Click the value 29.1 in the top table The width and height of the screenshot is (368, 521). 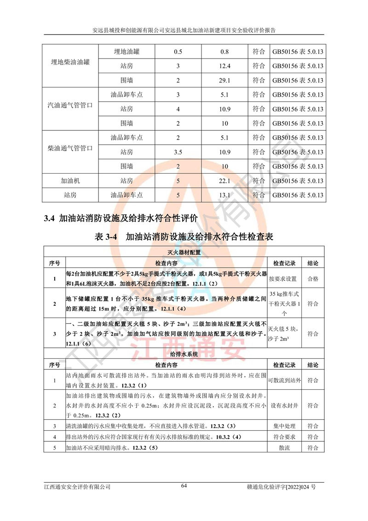click(224, 80)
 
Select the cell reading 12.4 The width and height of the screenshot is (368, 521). click(224, 66)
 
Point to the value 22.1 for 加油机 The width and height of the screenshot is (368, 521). click(224, 181)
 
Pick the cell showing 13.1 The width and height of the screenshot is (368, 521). click(224, 195)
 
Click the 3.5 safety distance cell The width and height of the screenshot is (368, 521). click(178, 152)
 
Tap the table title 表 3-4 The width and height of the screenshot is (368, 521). click(106, 237)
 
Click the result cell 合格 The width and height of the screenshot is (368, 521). click(313, 279)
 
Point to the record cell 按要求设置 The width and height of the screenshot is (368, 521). click(283, 279)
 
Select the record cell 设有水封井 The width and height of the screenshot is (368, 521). click(283, 406)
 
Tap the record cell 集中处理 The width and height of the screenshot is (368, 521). click(283, 427)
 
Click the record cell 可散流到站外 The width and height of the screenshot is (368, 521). click(283, 381)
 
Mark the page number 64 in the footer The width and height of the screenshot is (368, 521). click(184, 486)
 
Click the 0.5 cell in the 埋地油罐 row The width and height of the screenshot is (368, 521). click(178, 52)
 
